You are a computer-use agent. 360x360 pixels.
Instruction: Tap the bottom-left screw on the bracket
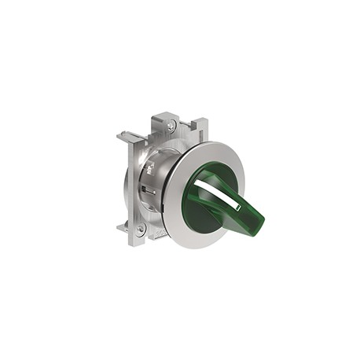pos(140,229)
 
